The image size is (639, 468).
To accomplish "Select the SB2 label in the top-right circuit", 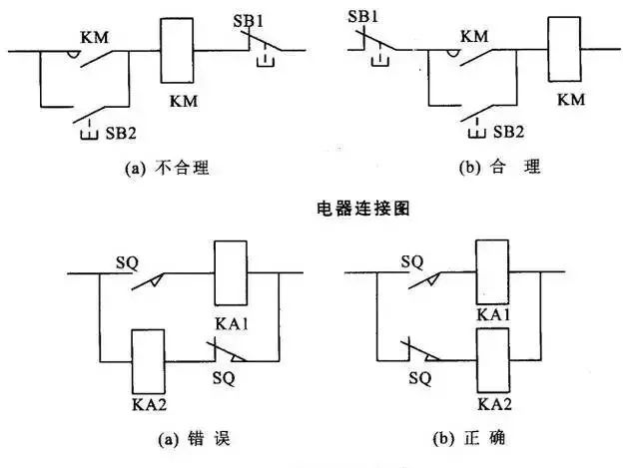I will coord(508,131).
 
